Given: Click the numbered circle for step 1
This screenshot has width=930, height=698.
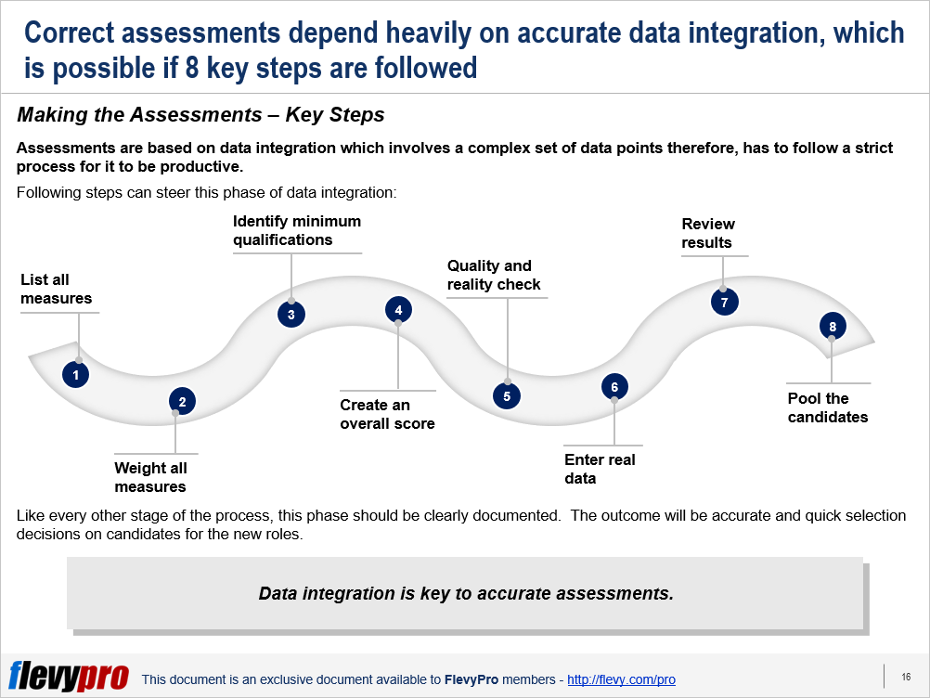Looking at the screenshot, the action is (75, 375).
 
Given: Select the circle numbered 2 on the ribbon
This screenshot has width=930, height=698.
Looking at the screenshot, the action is (182, 402).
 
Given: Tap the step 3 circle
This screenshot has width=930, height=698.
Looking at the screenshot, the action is (291, 315).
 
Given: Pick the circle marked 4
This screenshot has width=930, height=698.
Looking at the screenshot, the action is (398, 310).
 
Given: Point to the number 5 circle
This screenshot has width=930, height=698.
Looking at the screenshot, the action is (507, 396).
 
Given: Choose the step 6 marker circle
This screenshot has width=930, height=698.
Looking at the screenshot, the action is (614, 387).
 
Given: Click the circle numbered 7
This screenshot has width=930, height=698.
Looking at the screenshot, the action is (724, 302).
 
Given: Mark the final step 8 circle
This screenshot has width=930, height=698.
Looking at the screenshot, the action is (833, 326).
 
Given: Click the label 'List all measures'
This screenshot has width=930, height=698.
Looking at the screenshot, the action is (57, 289).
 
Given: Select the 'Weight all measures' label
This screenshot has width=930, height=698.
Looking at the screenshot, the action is (150, 477).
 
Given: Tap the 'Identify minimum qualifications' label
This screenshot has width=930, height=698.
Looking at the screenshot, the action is (297, 230).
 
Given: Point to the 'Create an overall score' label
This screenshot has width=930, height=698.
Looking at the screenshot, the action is (387, 414).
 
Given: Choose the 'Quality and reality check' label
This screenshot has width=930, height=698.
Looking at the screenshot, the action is (494, 275).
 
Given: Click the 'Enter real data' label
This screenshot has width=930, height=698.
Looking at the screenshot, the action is (600, 469).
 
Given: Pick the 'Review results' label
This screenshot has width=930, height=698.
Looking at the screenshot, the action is (708, 233).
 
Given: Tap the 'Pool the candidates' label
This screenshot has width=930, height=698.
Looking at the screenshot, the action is (827, 407).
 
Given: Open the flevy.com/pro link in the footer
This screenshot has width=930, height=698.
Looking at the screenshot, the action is (621, 679).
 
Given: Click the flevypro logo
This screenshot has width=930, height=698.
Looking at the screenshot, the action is (69, 676).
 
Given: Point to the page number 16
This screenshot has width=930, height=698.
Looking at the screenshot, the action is (906, 677).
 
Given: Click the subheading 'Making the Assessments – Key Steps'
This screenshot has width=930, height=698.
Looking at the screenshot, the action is (200, 114).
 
